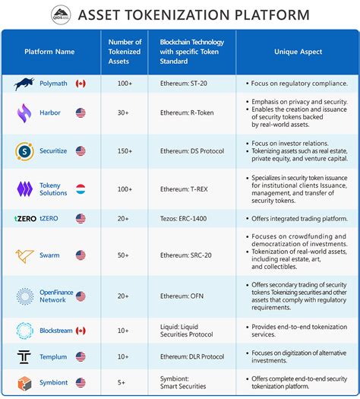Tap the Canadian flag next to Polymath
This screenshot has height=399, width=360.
[x=81, y=83]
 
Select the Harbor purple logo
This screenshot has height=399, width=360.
[x=24, y=113]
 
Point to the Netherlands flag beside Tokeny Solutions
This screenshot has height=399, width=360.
[x=81, y=188]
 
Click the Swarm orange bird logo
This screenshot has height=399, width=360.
[x=25, y=255]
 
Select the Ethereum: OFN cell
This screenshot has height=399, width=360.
[x=186, y=296]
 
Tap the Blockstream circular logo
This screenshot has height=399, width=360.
[x=25, y=331]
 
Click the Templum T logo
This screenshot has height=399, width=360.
[x=24, y=356]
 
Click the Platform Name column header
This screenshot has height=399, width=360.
[x=50, y=52]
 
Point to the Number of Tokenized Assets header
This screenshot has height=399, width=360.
[x=125, y=52]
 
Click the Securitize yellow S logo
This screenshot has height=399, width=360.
[x=24, y=151]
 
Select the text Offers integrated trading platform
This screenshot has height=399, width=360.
[x=297, y=218]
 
